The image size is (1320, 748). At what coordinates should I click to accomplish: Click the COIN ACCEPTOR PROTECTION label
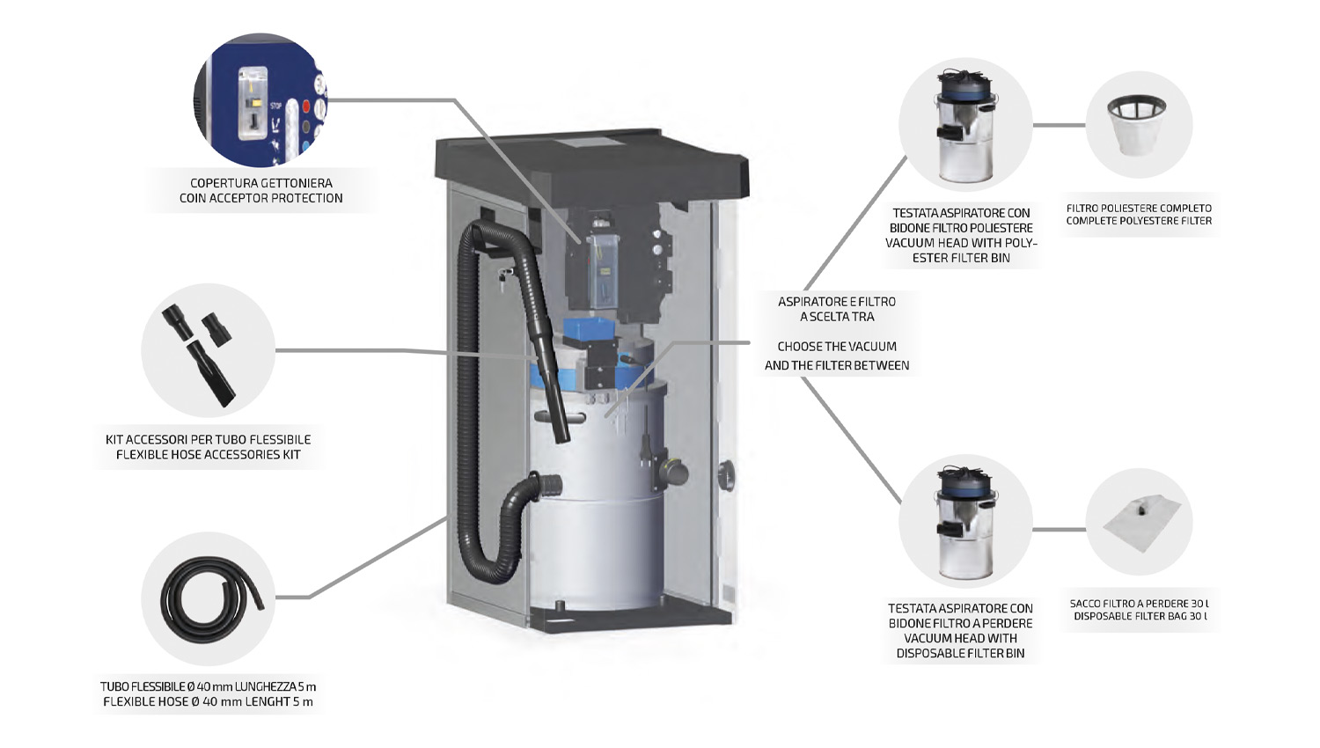pyautogui.click(x=261, y=199)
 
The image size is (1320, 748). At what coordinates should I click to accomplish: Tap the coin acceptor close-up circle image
pyautogui.click(x=260, y=100)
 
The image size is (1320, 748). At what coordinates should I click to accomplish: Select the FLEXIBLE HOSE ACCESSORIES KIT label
pyautogui.click(x=209, y=455)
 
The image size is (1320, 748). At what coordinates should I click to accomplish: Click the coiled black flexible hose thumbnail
pyautogui.click(x=209, y=598)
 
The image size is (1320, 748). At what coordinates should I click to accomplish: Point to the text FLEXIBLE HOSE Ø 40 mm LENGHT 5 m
pyautogui.click(x=209, y=702)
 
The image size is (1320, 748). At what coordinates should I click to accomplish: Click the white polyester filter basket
pyautogui.click(x=1138, y=124)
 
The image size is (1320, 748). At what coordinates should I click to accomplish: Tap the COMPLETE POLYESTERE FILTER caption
pyautogui.click(x=1139, y=221)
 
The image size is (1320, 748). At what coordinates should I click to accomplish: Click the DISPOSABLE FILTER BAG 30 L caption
pyautogui.click(x=1140, y=616)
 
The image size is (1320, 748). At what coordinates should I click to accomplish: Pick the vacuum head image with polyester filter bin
pyautogui.click(x=964, y=125)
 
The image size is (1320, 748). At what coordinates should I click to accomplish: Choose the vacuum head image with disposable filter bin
pyautogui.click(x=964, y=522)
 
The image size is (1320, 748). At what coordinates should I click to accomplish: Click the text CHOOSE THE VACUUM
pyautogui.click(x=837, y=347)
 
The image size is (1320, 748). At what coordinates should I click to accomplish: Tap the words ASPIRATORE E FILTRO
pyautogui.click(x=837, y=302)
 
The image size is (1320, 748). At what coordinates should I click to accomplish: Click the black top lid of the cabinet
pyautogui.click(x=591, y=163)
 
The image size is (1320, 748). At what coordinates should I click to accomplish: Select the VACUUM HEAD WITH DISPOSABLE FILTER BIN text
pyautogui.click(x=960, y=646)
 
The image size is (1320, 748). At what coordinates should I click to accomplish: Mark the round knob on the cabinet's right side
pyautogui.click(x=727, y=476)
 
